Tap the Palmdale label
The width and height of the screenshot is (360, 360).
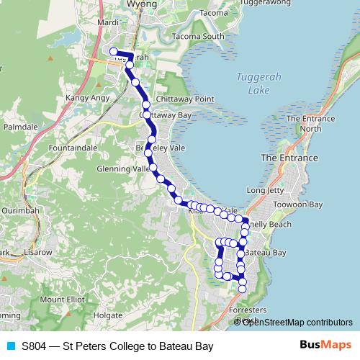pyautogui.click(x=20, y=126)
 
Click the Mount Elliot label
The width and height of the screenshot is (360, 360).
pyautogui.click(x=63, y=299)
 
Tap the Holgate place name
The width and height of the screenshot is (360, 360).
pyautogui.click(x=108, y=315)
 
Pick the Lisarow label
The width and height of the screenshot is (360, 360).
pyautogui.click(x=38, y=253)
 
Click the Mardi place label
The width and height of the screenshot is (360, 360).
pyautogui.click(x=107, y=22)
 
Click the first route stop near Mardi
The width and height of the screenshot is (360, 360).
pyautogui.click(x=113, y=50)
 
